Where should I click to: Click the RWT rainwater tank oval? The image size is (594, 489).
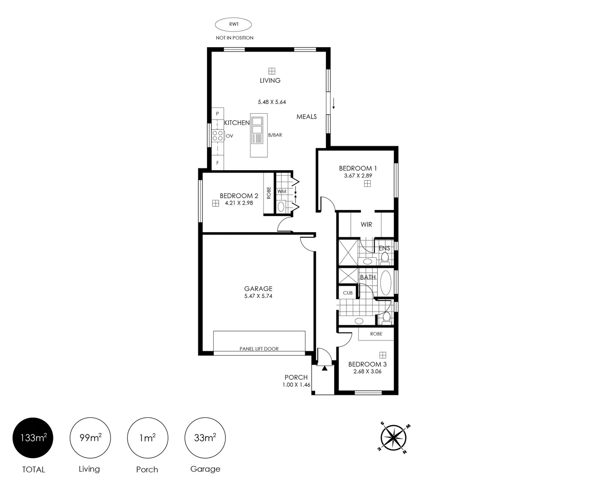pyautogui.click(x=233, y=24)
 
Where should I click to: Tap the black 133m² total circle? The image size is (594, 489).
pyautogui.click(x=33, y=438)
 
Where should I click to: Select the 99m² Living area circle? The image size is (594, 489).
pyautogui.click(x=90, y=438)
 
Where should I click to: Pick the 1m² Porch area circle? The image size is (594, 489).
pyautogui.click(x=148, y=438)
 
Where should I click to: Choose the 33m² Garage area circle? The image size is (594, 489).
pyautogui.click(x=205, y=438)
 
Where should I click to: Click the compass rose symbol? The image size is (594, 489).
pyautogui.click(x=393, y=438)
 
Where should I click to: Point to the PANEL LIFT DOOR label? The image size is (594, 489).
pyautogui.click(x=259, y=349)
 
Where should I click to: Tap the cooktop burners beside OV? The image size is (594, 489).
pyautogui.click(x=218, y=135)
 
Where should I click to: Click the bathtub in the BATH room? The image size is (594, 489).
pyautogui.click(x=386, y=283)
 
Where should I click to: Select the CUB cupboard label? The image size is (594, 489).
pyautogui.click(x=348, y=293)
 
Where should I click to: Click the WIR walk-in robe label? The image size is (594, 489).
pyautogui.click(x=366, y=225)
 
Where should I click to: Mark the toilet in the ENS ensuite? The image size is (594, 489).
pyautogui.click(x=384, y=258)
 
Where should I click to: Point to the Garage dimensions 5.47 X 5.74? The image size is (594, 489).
pyautogui.click(x=258, y=296)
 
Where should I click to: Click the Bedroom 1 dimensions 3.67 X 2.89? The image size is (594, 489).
pyautogui.click(x=358, y=176)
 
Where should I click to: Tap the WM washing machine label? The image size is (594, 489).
pyautogui.click(x=282, y=192)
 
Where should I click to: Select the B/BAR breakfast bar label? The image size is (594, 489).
pyautogui.click(x=275, y=135)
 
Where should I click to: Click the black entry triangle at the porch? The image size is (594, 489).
pyautogui.click(x=325, y=368)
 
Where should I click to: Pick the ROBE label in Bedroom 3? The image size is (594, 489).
pyautogui.click(x=376, y=334)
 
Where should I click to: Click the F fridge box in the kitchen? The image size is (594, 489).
pyautogui.click(x=218, y=163)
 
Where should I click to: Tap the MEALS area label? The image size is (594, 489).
pyautogui.click(x=307, y=117)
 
